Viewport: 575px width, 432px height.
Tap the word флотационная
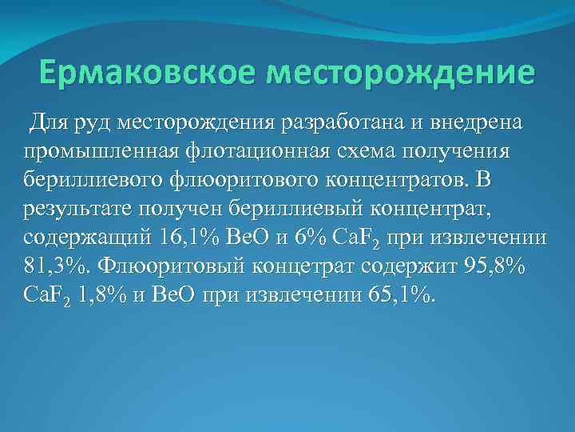pos(254,152)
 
